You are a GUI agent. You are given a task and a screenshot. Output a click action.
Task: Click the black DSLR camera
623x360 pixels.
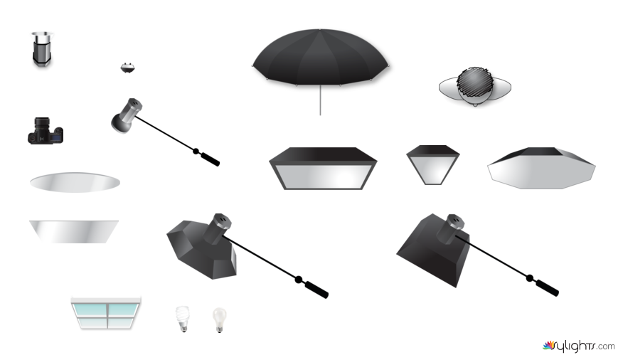pos(46,131)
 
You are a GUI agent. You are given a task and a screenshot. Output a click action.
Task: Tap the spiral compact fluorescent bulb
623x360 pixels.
pos(182,318)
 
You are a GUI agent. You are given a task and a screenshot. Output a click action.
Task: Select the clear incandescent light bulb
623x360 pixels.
pos(219,319)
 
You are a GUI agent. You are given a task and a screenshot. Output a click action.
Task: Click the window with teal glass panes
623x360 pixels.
pos(106,313)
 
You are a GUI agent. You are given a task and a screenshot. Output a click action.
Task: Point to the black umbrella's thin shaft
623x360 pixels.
pos(320,100)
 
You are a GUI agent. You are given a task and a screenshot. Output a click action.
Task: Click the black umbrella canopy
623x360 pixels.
pos(320,57)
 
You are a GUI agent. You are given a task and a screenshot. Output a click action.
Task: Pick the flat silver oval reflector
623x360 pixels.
pos(75,182)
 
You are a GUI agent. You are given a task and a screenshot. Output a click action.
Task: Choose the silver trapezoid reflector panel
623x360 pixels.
pos(74,231)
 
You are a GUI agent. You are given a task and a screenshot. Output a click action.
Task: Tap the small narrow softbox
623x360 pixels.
pos(433,165)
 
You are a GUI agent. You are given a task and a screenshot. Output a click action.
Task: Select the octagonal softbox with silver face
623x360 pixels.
pos(541,168)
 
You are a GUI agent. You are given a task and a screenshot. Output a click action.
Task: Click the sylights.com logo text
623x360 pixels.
pos(578,346)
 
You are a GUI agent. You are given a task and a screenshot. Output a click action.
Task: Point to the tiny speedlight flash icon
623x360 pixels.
pos(127,68)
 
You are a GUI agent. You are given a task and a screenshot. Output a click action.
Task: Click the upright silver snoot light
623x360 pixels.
pos(42,49)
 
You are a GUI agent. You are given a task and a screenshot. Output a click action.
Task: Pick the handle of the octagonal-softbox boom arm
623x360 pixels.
pos(316,290)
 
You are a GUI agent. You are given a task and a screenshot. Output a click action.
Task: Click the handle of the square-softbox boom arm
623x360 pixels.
pos(547,288)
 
